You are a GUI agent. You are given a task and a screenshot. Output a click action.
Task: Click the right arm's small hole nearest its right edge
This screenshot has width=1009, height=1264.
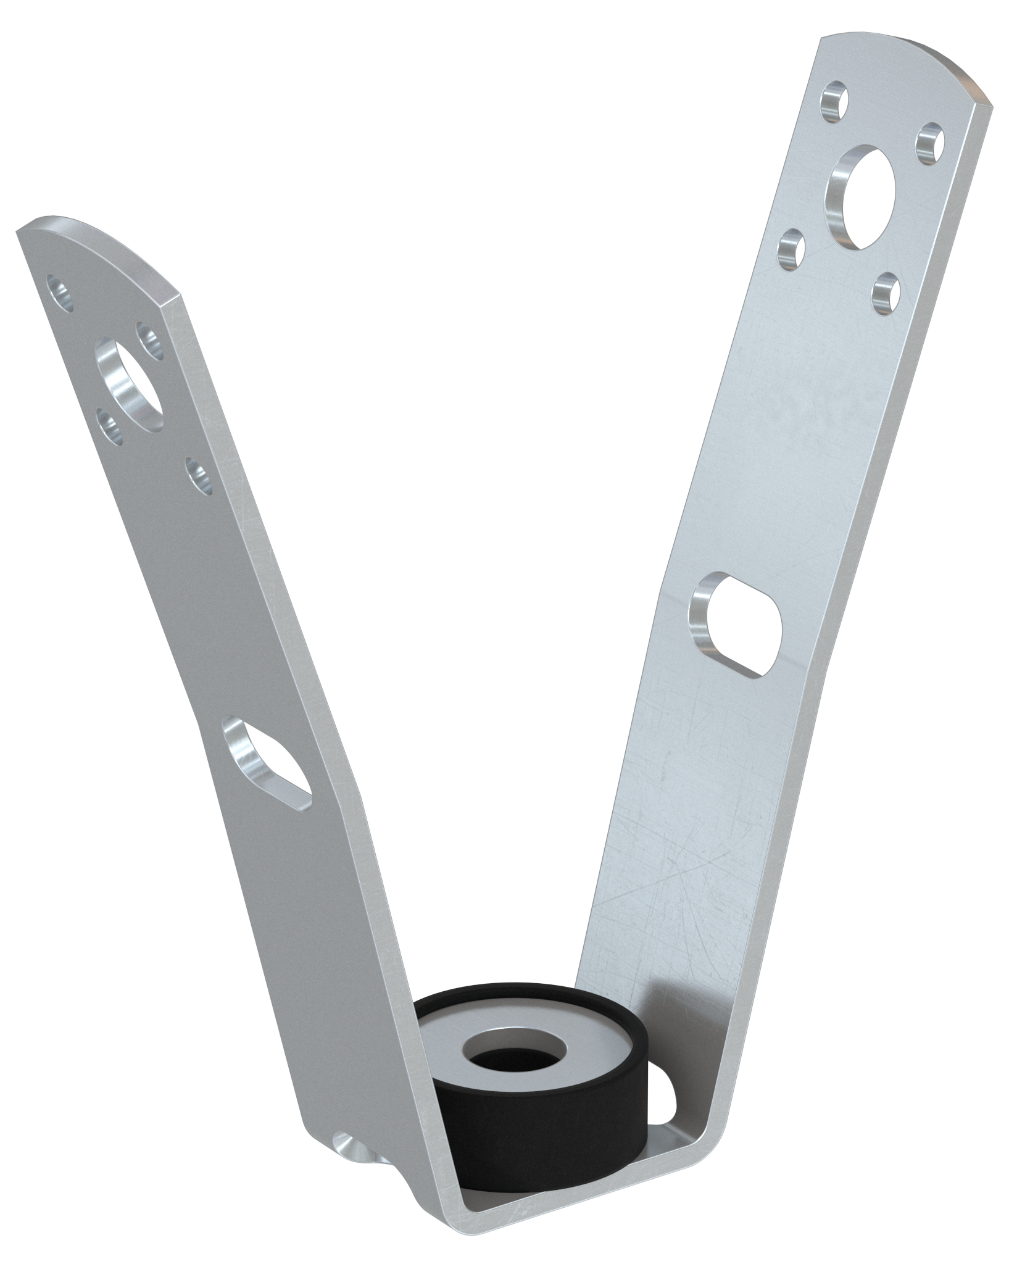[930, 143]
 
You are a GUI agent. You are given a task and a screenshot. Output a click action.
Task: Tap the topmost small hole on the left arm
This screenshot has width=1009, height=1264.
[62, 292]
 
